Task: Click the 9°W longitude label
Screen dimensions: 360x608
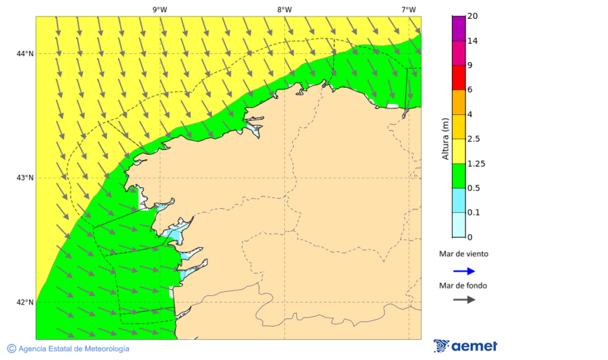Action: pyautogui.click(x=159, y=9)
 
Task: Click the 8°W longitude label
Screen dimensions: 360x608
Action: pyautogui.click(x=284, y=9)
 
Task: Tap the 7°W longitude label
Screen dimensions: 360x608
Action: pyautogui.click(x=408, y=9)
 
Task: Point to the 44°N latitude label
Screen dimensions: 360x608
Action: pyautogui.click(x=25, y=54)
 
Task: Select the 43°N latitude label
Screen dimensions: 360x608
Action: pyautogui.click(x=25, y=178)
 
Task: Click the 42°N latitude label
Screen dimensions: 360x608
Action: pyautogui.click(x=25, y=302)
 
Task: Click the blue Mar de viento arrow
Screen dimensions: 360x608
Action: pyautogui.click(x=464, y=271)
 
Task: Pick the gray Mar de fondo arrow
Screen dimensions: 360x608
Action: pyautogui.click(x=464, y=300)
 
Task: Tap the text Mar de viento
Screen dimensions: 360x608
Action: pyautogui.click(x=463, y=254)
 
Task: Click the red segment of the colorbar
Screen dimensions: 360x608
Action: pyautogui.click(x=458, y=78)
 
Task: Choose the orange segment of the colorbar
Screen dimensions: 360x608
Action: pyautogui.click(x=458, y=102)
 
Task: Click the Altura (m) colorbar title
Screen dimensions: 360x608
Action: pyautogui.click(x=445, y=138)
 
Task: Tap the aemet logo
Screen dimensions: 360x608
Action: pyautogui.click(x=465, y=346)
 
